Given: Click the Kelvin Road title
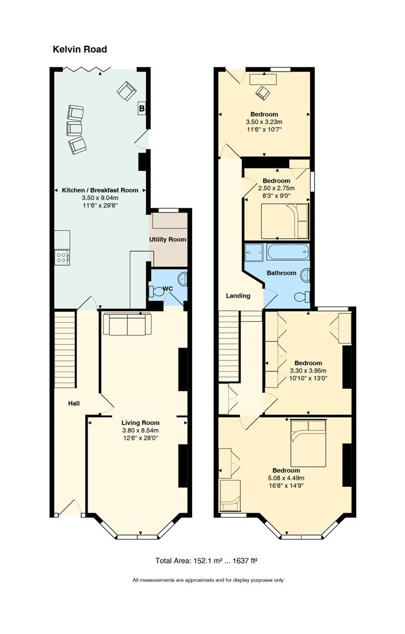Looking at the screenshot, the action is coord(80,49).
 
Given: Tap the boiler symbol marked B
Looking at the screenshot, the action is coord(142,109).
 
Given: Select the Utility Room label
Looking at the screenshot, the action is coord(168,240).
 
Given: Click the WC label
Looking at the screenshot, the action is coord(168,289).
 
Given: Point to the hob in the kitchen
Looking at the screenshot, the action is coord(62,258).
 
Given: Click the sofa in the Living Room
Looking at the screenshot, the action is coord(127,324).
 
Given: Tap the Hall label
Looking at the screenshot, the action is coord(73,403).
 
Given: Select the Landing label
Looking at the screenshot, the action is coord(238,295).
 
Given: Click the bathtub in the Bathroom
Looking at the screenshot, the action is coord(288,252).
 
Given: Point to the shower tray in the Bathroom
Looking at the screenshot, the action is coord(254,252).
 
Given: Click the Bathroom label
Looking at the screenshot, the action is coord(282,273).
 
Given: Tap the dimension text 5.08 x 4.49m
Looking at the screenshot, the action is coord(286,478).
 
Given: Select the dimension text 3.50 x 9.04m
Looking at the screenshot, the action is coord(100,198).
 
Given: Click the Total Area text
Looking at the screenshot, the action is coord(206,561).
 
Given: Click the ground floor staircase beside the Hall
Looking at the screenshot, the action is coord(65,349).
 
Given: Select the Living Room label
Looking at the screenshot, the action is coord(140,423).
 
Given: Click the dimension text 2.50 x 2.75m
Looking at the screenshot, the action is coord(276,188).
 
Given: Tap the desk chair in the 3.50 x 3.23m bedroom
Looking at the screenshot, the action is coord(263,93).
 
